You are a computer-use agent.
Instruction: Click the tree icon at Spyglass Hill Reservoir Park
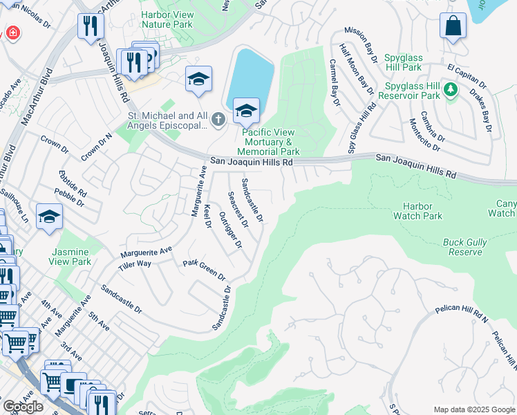(451, 90)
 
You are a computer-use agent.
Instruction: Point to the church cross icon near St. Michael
(218, 120)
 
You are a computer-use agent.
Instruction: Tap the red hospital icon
(12, 33)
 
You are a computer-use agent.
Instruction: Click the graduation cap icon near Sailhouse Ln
(49, 217)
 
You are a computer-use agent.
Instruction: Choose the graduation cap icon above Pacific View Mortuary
(245, 109)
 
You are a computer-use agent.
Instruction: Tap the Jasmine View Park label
(70, 257)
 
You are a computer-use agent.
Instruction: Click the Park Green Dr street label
(205, 270)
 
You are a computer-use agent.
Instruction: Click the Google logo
(23, 406)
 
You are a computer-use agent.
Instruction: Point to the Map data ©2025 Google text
(473, 409)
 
